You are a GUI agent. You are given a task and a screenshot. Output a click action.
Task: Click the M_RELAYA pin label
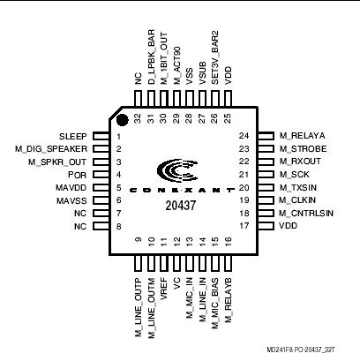(x=300, y=137)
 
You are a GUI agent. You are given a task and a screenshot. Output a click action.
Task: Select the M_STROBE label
(x=302, y=150)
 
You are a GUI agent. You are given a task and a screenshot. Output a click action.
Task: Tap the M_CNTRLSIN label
(x=307, y=213)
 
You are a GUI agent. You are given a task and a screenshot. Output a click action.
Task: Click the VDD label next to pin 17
(x=288, y=226)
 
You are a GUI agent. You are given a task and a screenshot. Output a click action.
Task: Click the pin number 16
(x=228, y=241)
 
